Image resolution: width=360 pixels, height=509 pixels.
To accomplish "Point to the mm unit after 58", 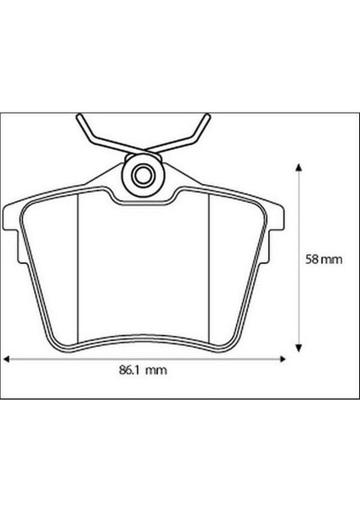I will click(327, 259).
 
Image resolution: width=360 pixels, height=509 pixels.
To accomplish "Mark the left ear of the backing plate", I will click(13, 222).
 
